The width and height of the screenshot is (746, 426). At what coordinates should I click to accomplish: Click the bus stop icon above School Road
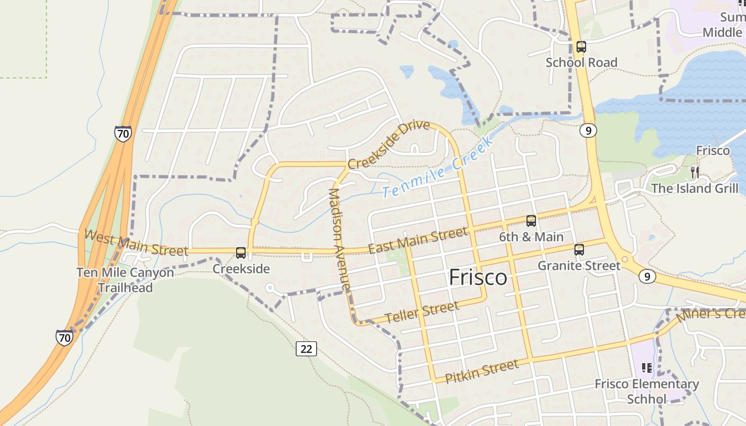tap(581, 47)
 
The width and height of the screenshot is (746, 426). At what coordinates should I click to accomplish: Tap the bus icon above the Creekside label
tap(241, 252)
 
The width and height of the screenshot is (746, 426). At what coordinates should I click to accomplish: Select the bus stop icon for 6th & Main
tap(531, 220)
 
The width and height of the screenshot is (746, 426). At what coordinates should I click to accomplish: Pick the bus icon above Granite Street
tap(579, 249)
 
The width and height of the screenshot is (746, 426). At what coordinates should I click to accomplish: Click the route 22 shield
tap(306, 348)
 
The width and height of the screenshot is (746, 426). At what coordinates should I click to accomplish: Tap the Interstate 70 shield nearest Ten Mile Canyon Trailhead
tap(64, 337)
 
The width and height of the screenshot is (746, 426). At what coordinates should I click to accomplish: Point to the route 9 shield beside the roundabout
tap(646, 276)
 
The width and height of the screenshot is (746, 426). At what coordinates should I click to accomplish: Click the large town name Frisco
tap(477, 277)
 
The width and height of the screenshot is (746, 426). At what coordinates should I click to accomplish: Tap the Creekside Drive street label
tap(388, 144)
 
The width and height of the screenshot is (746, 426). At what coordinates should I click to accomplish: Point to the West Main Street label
tap(136, 243)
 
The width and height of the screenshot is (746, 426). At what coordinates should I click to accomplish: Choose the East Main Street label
tap(418, 241)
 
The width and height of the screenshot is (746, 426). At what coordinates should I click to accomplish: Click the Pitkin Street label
tap(481, 371)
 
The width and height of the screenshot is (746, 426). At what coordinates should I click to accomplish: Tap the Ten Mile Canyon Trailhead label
tap(125, 280)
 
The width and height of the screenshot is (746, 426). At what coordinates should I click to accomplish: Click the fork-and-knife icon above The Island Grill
tap(694, 171)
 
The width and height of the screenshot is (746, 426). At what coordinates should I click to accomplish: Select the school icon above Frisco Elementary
tap(646, 367)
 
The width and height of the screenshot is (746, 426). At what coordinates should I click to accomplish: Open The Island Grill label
tap(695, 189)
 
